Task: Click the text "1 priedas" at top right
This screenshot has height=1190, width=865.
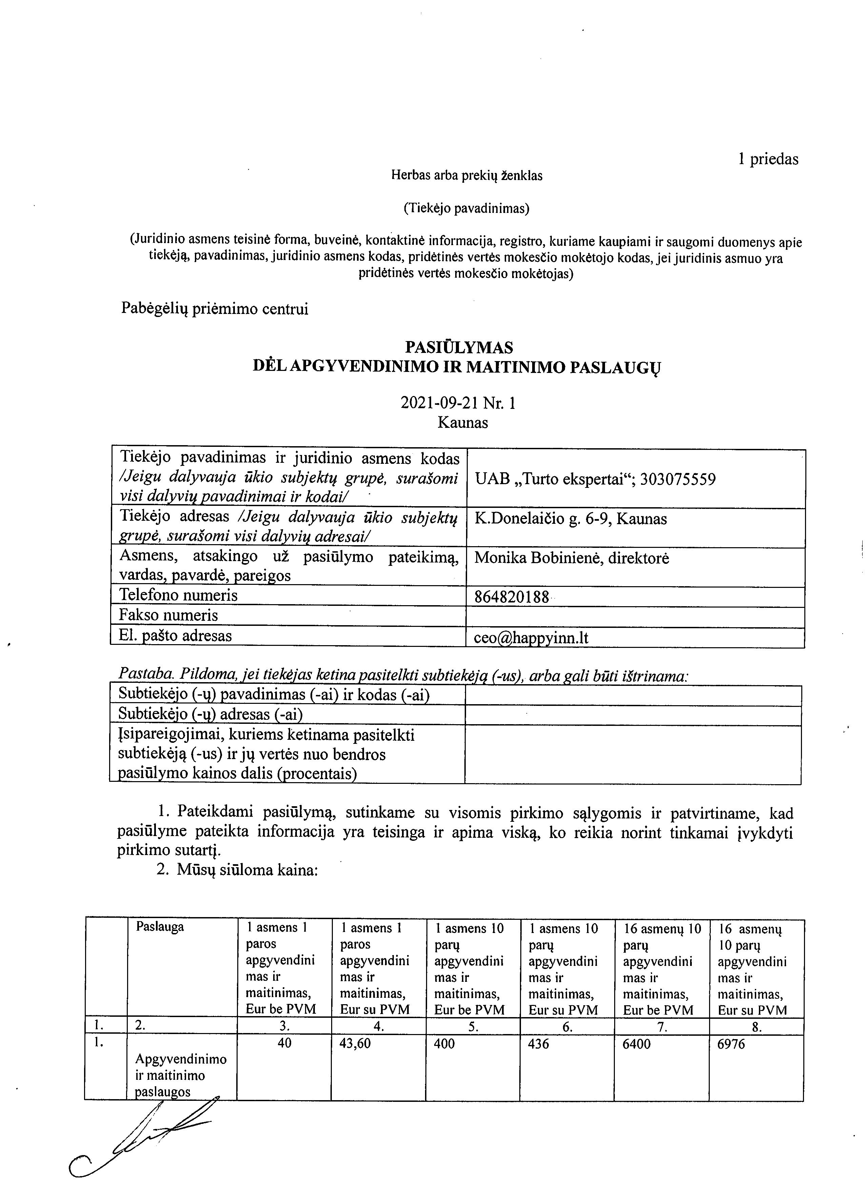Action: [x=768, y=159]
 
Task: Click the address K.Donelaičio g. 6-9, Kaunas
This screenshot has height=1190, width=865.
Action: [x=571, y=519]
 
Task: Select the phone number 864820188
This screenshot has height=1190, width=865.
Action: [x=511, y=597]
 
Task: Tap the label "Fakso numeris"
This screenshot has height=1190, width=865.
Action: [x=168, y=615]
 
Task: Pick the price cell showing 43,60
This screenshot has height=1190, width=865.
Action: [x=356, y=1044]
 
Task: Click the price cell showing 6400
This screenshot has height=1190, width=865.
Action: [x=635, y=1044]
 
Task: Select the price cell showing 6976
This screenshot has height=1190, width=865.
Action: [x=731, y=1044]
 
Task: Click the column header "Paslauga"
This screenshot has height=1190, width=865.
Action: [x=160, y=927]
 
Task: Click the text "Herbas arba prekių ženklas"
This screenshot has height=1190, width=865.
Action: [x=466, y=176]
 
